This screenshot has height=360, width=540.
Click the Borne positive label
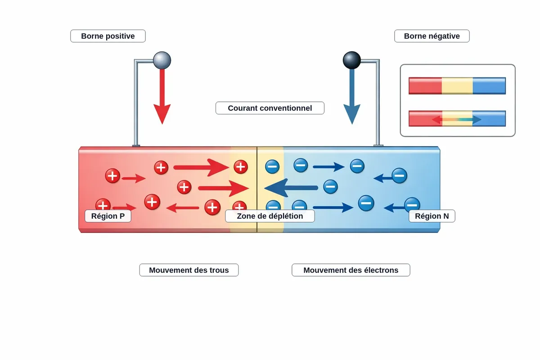[108, 36]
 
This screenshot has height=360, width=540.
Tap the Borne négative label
[432, 36]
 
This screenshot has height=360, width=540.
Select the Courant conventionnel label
[270, 108]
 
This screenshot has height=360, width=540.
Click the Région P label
[108, 216]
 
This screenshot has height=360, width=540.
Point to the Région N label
[432, 216]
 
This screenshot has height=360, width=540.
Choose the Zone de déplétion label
[270, 216]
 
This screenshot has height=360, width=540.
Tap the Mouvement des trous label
[189, 270]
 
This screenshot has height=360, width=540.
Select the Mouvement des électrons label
[351, 270]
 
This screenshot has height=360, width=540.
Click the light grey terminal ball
[162, 60]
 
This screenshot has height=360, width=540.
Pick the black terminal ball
[352, 60]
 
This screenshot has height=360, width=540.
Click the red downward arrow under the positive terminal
[162, 96]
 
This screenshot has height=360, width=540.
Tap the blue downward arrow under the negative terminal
[352, 96]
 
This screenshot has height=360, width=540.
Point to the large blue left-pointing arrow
[291, 188]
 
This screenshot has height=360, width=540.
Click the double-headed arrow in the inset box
[457, 120]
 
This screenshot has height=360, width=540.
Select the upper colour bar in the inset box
[457, 85]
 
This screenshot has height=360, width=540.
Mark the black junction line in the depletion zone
[257, 189]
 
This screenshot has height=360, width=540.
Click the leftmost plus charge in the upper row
[112, 175]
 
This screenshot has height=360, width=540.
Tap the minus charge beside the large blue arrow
[330, 187]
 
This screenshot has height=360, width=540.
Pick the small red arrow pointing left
[183, 208]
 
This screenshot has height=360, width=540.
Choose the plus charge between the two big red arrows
[184, 187]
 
